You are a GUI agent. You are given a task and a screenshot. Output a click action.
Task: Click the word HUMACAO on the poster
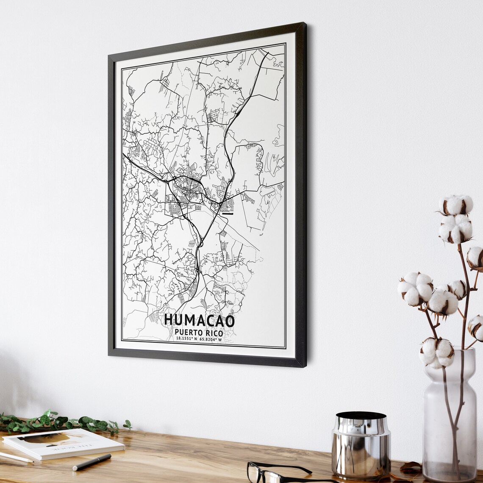[199, 320]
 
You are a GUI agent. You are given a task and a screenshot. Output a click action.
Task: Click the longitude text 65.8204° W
[211, 339]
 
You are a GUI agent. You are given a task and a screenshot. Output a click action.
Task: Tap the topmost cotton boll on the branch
[456, 205]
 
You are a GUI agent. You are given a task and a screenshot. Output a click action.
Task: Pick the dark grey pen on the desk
[92, 462]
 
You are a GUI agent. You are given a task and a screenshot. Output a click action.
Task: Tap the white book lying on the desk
[64, 443]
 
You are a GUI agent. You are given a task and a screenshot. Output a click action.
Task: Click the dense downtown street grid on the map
[189, 189]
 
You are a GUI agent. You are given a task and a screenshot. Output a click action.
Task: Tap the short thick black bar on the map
[228, 214]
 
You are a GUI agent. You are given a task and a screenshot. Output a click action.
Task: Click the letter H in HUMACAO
[169, 320]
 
